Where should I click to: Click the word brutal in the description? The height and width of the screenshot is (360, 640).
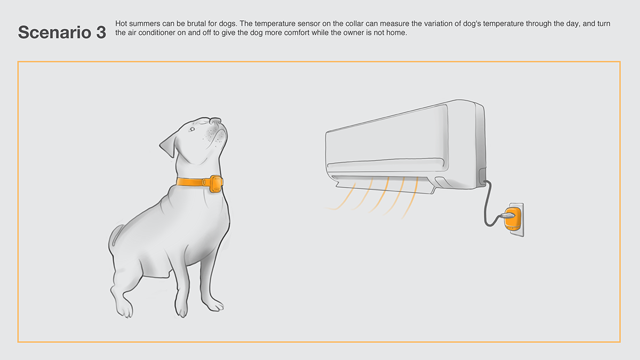tap(204, 24)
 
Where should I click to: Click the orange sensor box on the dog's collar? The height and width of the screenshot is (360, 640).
tap(216, 182)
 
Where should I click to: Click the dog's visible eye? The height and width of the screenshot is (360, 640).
tap(192, 129)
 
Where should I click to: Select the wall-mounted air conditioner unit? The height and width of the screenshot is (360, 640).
tap(405, 144)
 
